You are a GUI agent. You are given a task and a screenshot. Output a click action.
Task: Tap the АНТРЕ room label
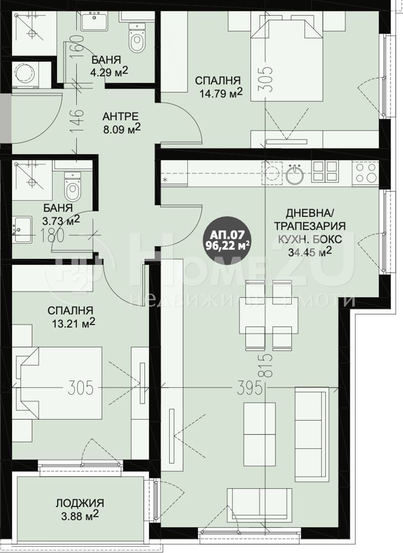[x=121, y=116]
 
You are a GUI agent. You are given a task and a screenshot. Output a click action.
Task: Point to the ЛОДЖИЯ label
[x=80, y=503]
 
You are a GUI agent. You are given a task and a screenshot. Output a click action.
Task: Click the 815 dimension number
[x=268, y=366]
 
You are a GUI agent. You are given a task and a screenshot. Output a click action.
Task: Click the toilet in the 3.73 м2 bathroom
[x=72, y=187]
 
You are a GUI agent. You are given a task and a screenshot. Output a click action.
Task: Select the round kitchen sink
[x=295, y=174]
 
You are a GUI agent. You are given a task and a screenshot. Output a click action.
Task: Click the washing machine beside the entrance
[x=26, y=75]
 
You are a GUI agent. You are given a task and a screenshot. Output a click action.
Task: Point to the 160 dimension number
[x=78, y=47]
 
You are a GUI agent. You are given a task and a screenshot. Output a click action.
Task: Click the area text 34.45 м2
[x=310, y=252]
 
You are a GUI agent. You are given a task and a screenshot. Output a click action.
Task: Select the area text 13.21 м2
[x=74, y=323]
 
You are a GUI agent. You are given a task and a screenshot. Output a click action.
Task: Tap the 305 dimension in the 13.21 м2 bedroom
[x=80, y=388]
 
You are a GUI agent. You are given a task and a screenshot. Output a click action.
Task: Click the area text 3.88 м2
[x=80, y=517]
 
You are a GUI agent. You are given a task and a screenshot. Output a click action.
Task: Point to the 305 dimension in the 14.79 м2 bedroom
[x=268, y=80]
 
